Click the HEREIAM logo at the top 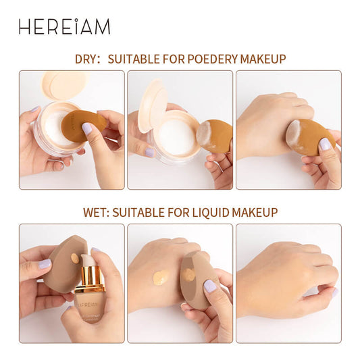click(65, 26)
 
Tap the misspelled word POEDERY click(212, 59)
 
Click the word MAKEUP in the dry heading click(263, 59)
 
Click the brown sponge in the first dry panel click(84, 125)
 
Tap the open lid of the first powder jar click(64, 85)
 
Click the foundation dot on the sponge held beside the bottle click(75, 259)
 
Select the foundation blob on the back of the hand click(161, 277)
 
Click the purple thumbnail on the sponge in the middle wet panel click(210, 286)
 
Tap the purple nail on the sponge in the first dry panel click(86, 128)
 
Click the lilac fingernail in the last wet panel click(335, 292)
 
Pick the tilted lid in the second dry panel click(153, 105)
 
